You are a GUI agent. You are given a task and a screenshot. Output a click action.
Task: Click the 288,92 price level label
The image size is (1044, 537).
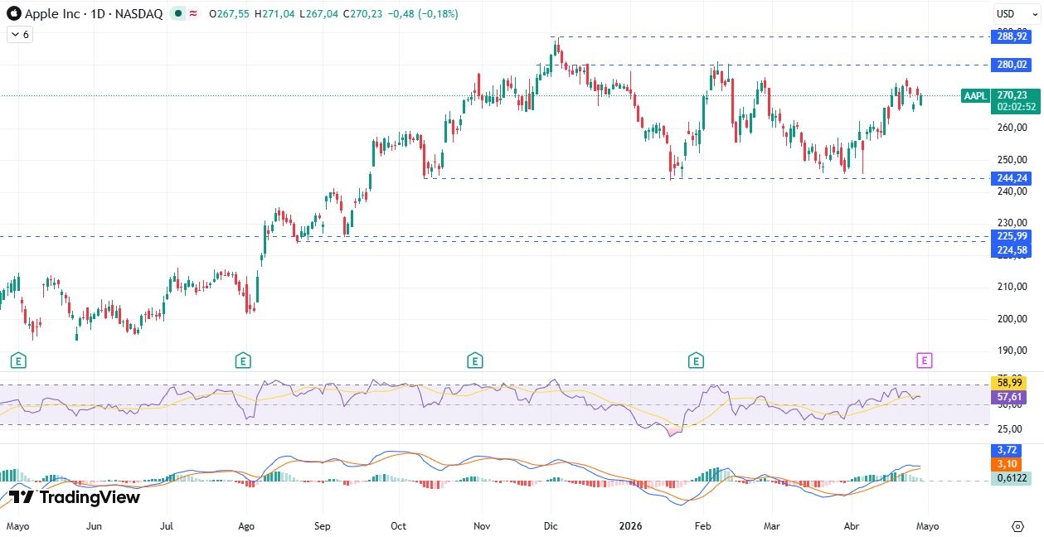click(x=1012, y=36)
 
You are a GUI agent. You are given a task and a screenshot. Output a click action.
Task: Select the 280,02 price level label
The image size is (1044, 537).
click(x=1012, y=65)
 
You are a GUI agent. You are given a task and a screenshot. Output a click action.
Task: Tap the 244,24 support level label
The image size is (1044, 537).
click(x=1012, y=178)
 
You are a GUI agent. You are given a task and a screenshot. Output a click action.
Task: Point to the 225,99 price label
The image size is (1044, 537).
click(x=1012, y=236)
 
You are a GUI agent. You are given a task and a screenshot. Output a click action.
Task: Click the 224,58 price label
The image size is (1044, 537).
click(x=1012, y=250)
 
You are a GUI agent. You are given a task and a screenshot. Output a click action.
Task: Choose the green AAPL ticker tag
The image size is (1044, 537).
click(x=975, y=96)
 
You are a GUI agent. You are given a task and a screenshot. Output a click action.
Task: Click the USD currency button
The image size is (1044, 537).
click(x=1006, y=13)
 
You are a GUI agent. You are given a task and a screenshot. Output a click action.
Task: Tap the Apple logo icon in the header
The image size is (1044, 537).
click(x=14, y=14)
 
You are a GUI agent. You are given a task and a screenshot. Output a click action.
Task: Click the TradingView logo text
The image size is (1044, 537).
click(x=75, y=497)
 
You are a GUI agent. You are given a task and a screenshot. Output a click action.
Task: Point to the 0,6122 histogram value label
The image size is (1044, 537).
click(x=1012, y=478)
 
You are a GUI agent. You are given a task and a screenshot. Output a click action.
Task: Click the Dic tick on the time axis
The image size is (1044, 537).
click(x=551, y=525)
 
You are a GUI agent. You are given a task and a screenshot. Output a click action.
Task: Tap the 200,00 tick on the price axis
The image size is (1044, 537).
click(x=1012, y=318)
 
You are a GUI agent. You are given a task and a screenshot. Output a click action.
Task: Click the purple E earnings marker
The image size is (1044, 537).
click(x=925, y=360)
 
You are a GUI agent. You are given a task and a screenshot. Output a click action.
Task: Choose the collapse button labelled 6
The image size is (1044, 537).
click(x=20, y=35)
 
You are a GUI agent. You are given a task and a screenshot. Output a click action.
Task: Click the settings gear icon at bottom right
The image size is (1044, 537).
click(x=1017, y=525)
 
